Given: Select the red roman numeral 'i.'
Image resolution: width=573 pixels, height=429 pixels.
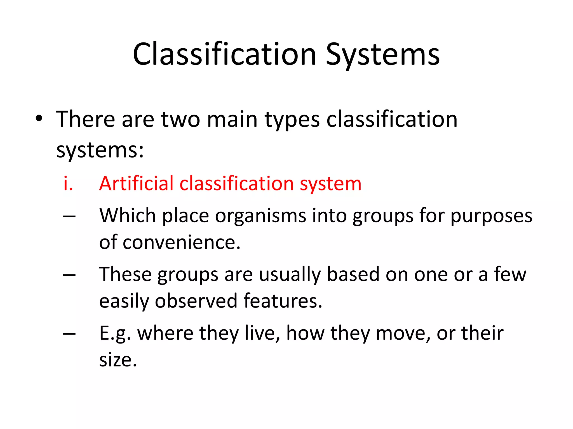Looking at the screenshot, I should tap(68, 184).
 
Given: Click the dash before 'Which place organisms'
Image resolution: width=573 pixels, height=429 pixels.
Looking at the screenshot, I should tap(69, 216).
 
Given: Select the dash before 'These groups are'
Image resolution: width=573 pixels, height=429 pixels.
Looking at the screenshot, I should tap(69, 275).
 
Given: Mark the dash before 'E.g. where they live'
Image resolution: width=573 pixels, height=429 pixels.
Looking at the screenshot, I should tap(69, 334).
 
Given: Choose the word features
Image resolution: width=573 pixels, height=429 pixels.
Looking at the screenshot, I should tap(283, 301).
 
